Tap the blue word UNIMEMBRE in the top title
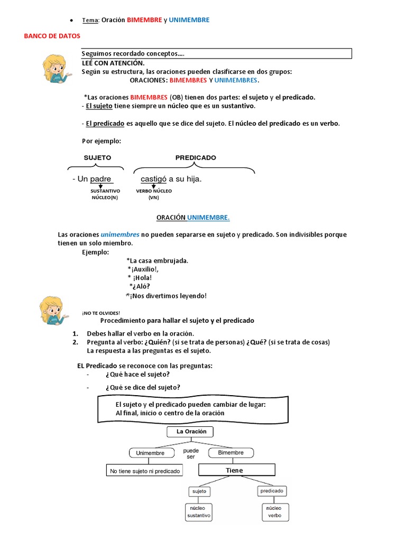(x=189, y=20)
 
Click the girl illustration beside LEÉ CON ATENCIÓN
(x=56, y=68)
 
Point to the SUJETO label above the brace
(x=97, y=157)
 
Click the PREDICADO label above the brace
(x=196, y=157)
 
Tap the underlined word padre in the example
(x=100, y=179)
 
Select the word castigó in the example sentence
(x=150, y=179)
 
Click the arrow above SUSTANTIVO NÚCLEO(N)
(x=101, y=186)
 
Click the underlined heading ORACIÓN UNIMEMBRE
(x=193, y=218)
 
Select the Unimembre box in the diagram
(x=150, y=453)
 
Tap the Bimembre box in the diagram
(x=230, y=453)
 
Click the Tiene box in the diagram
(x=236, y=470)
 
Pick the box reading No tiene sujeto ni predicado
(x=144, y=471)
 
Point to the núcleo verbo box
(x=274, y=511)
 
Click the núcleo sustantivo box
(x=199, y=511)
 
